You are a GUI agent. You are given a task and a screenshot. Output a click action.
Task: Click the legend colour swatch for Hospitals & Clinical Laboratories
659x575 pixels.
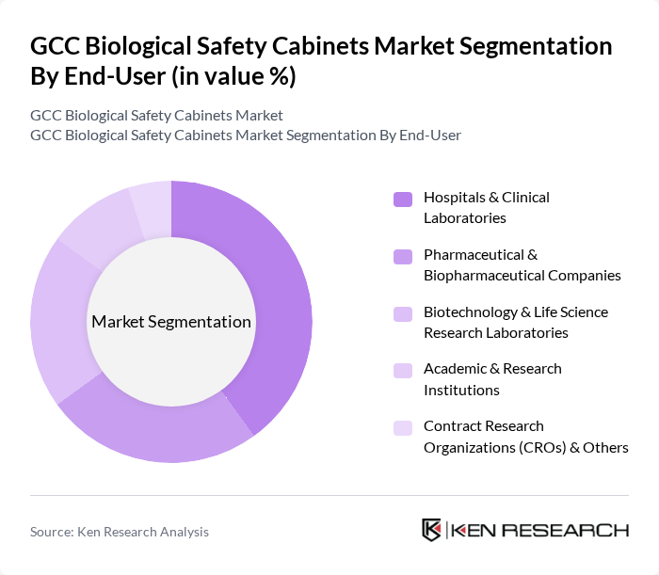[x=403, y=199]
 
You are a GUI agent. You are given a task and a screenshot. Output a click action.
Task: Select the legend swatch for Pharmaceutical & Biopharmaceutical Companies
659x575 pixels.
[x=403, y=256]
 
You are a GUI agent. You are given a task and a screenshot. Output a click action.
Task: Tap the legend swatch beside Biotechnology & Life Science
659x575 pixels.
[x=403, y=313]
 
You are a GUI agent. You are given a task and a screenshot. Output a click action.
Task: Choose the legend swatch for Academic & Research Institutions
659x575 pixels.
[x=403, y=371]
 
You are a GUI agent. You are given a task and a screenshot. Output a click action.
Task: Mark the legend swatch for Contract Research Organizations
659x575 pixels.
[x=403, y=428]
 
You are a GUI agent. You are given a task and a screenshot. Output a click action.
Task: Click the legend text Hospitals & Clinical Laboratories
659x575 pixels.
[x=486, y=207]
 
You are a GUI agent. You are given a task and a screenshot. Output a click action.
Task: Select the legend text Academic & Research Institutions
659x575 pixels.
[x=491, y=378]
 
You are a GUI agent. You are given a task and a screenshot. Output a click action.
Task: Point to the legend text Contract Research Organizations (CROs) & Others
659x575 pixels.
[x=525, y=436]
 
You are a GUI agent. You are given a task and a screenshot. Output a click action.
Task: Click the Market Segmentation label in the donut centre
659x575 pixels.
[x=171, y=322]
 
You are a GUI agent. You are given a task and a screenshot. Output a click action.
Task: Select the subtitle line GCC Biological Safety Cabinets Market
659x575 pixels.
[x=156, y=116]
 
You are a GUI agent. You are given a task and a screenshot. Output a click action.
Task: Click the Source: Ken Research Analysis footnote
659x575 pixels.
[x=120, y=532]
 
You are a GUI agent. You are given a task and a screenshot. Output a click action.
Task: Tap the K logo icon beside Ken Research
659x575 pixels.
[x=432, y=530]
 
